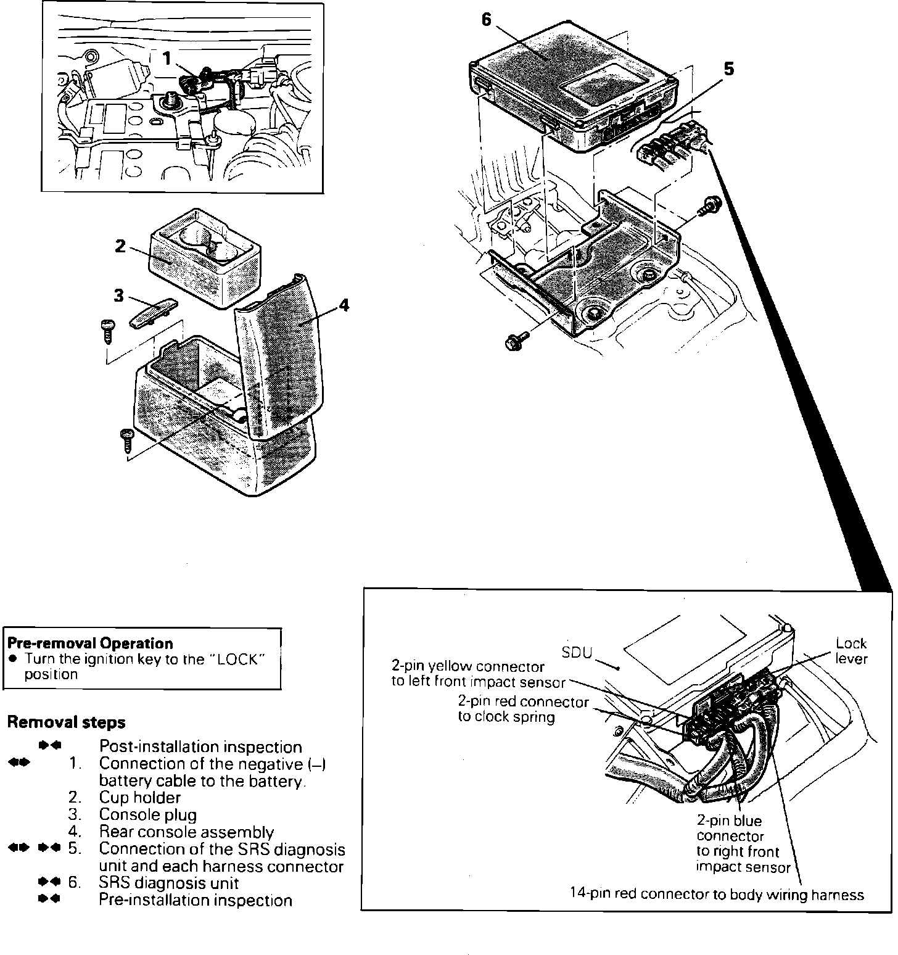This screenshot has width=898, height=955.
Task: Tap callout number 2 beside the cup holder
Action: click(120, 246)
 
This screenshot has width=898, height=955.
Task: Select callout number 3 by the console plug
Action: click(118, 296)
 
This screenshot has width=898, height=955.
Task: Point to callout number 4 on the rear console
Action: click(344, 305)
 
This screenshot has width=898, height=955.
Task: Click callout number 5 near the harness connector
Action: click(729, 69)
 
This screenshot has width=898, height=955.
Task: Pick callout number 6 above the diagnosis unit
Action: click(487, 20)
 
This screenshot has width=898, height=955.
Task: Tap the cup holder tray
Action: click(205, 256)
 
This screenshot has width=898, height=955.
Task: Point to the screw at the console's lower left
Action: click(126, 439)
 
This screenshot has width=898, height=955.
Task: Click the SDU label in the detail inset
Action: click(577, 653)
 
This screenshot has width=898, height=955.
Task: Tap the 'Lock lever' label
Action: click(851, 651)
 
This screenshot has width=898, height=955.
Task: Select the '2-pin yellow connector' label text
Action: click(469, 667)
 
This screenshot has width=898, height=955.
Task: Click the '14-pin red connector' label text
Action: click(717, 895)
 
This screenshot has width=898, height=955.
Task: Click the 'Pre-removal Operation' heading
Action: click(90, 643)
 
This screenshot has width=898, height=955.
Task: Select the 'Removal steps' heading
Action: click(66, 722)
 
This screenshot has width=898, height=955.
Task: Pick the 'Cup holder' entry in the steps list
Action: click(140, 798)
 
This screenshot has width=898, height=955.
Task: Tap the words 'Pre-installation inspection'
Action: click(196, 900)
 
